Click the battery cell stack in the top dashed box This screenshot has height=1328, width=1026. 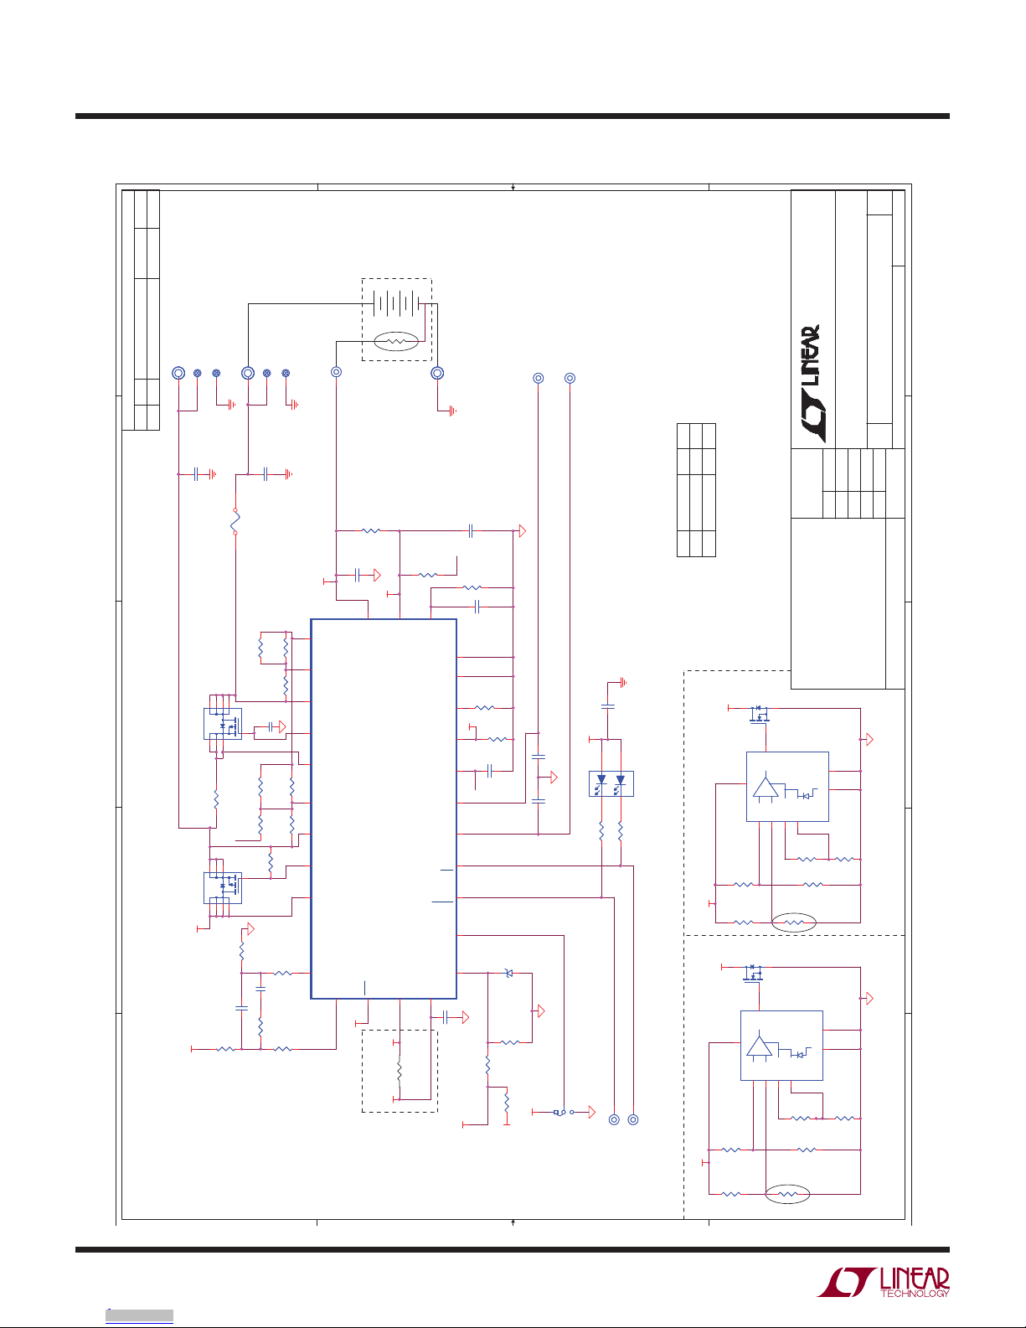[396, 303]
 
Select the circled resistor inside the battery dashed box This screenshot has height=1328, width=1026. [396, 342]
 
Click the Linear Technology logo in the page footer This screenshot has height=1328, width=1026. [884, 1282]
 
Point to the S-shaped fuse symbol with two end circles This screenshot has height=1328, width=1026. [235, 521]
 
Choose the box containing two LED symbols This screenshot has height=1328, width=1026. [611, 783]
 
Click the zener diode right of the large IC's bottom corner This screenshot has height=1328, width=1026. [508, 973]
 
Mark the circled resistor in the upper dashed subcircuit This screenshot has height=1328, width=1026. [793, 922]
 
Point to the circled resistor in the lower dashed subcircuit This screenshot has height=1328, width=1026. [787, 1193]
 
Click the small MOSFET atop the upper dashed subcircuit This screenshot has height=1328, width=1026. [760, 714]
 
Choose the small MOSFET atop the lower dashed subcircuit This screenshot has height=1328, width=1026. [754, 973]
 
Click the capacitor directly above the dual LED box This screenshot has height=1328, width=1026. [608, 707]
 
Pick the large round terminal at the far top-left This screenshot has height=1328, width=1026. [178, 373]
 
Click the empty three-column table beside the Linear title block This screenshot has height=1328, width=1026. [696, 490]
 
